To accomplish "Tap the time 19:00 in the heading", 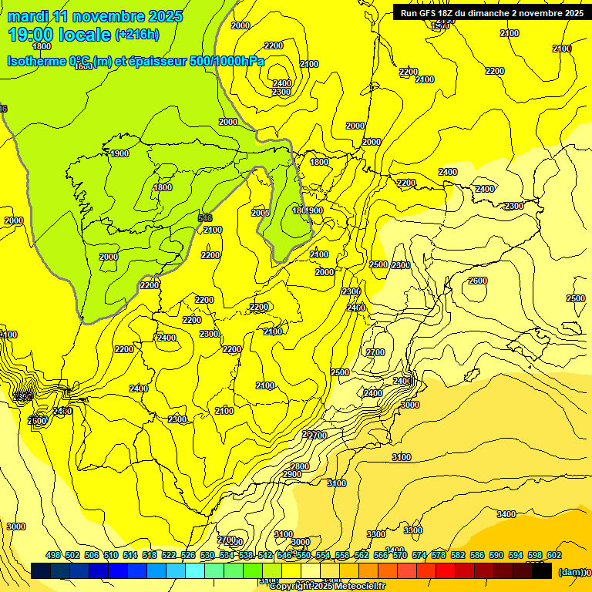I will [x=32, y=35].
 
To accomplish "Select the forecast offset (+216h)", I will [x=136, y=35].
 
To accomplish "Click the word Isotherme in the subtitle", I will [x=37, y=62].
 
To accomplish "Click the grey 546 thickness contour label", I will [x=204, y=218].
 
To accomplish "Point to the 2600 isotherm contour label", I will [x=478, y=281].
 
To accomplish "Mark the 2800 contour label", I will [x=299, y=466].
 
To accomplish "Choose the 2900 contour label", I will [x=292, y=475].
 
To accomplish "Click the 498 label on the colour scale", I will [x=53, y=556].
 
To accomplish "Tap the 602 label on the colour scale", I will [x=554, y=556].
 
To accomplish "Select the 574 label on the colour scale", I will [x=419, y=556].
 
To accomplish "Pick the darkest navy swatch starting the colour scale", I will [x=41, y=571].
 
